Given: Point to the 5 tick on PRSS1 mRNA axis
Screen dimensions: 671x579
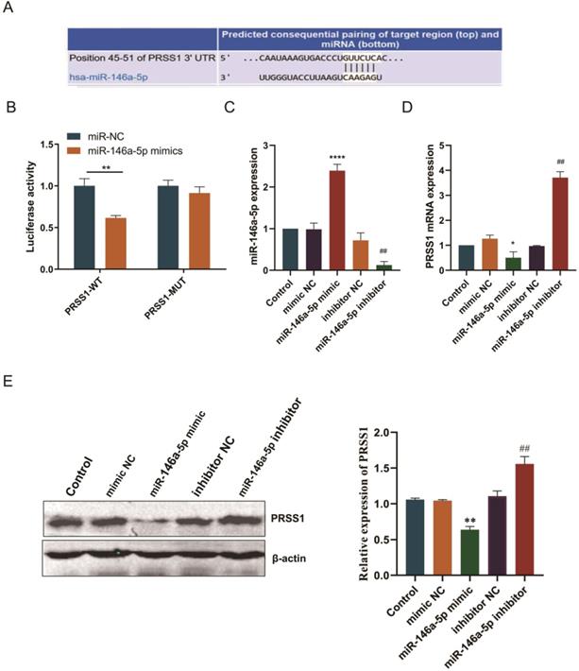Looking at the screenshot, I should pyautogui.click(x=450, y=146).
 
